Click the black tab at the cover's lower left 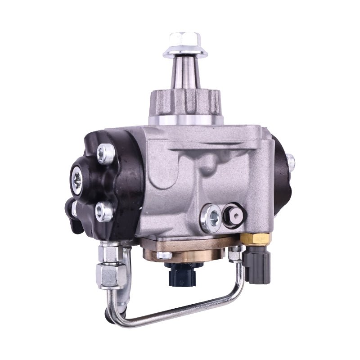coord(71,209)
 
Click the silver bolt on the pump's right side coord(290,160)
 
